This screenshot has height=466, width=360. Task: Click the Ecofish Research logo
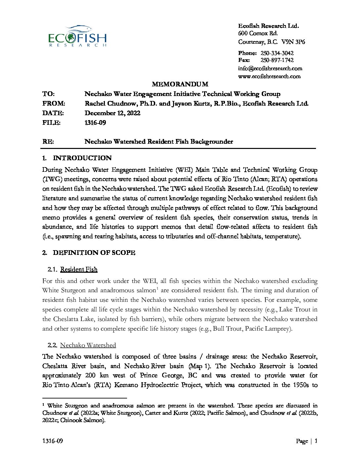click(77, 36)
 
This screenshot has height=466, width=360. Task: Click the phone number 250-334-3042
click(277, 53)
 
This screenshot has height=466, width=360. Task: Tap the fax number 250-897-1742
click(277, 60)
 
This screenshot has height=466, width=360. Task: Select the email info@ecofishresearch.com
click(270, 69)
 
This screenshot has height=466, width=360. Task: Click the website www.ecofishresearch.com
click(269, 76)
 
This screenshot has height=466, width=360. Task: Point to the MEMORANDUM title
click(180, 84)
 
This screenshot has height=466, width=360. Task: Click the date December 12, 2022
click(112, 113)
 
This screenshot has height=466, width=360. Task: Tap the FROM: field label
click(54, 104)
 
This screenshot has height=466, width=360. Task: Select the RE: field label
click(48, 142)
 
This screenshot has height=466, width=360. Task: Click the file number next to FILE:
click(95, 123)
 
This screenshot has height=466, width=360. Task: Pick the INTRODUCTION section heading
click(82, 158)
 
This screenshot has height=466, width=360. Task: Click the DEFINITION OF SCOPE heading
click(94, 253)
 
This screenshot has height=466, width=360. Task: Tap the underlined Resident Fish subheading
click(79, 269)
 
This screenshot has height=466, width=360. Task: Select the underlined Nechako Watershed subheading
click(88, 345)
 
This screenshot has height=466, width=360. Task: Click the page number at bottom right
click(316, 441)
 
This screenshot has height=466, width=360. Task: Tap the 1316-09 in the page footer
click(53, 441)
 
